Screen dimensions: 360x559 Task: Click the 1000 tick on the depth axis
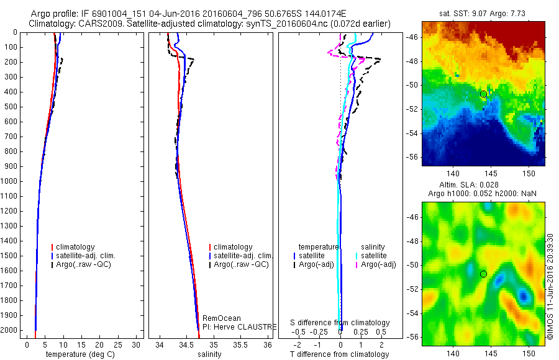(11, 181)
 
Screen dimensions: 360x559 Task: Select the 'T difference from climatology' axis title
(339, 354)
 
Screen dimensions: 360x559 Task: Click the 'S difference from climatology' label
(340, 323)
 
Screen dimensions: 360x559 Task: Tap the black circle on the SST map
(483, 94)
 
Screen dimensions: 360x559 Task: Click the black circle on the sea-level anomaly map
(483, 274)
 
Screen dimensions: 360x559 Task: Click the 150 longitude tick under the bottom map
(529, 352)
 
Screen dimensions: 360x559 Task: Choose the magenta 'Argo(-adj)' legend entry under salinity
(378, 265)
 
